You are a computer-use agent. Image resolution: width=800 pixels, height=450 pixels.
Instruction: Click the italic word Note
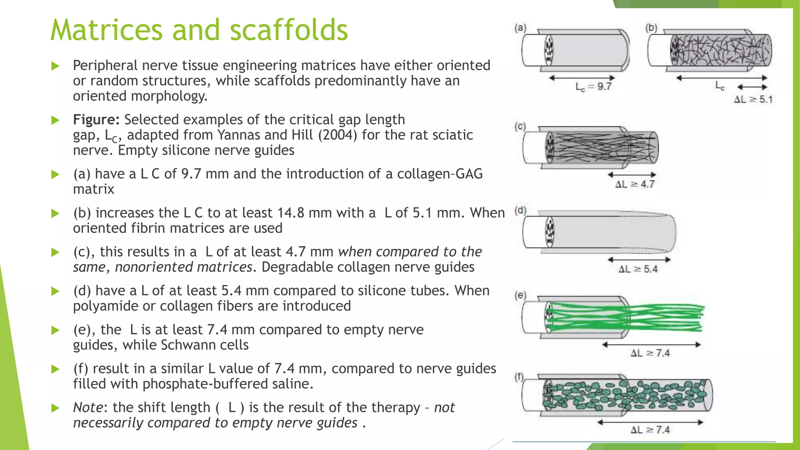pyautogui.click(x=88, y=407)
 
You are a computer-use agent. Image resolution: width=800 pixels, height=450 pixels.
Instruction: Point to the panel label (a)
pyautogui.click(x=520, y=28)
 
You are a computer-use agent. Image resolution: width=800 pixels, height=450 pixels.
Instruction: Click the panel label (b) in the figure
pyautogui.click(x=651, y=28)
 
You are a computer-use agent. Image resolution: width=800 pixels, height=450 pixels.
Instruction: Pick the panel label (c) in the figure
pyautogui.click(x=520, y=127)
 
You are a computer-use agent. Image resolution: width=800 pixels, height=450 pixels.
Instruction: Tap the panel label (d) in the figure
pyautogui.click(x=520, y=211)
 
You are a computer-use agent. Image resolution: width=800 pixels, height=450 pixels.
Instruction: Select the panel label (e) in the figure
pyautogui.click(x=520, y=295)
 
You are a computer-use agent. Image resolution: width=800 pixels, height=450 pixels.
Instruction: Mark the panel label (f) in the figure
pyautogui.click(x=519, y=377)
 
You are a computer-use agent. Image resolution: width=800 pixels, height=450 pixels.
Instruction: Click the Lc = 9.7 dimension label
pyautogui.click(x=593, y=87)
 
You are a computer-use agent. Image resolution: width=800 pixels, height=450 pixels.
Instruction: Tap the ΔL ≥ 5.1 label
pyautogui.click(x=753, y=99)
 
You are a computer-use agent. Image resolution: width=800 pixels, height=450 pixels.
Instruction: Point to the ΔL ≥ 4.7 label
pyautogui.click(x=635, y=184)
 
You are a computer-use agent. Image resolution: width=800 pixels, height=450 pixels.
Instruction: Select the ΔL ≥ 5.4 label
pyautogui.click(x=638, y=269)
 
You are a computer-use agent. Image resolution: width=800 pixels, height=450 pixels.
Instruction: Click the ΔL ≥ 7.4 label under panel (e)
pyautogui.click(x=650, y=353)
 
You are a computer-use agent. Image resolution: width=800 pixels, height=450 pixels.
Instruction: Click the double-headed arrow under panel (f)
pyautogui.click(x=650, y=422)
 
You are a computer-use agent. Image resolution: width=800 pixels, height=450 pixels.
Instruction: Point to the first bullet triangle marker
pyautogui.click(x=55, y=66)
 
